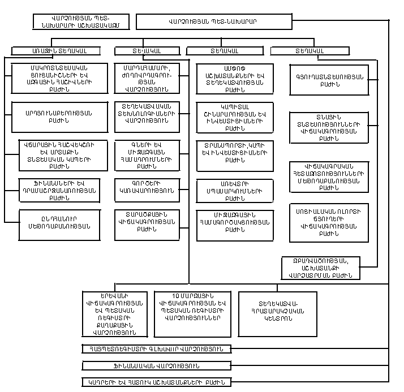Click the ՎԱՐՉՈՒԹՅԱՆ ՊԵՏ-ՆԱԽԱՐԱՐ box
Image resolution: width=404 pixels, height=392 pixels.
point(212,22)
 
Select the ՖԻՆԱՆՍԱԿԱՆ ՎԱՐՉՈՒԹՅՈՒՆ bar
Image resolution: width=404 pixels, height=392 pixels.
point(156,365)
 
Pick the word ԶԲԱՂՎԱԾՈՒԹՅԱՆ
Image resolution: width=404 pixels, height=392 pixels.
point(321,261)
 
